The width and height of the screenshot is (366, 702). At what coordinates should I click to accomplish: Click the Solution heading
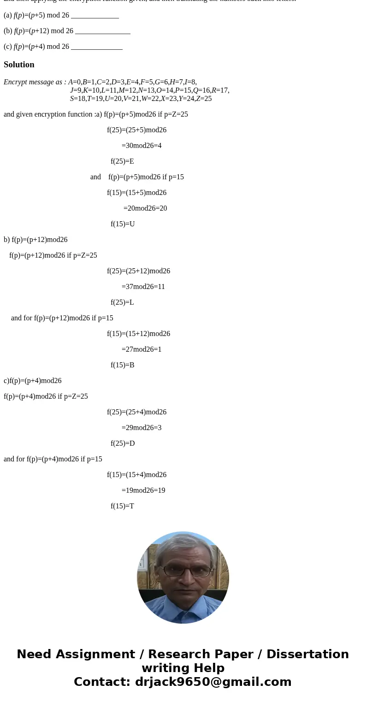[19, 65]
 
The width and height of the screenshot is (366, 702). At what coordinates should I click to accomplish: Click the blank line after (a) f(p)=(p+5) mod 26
[95, 16]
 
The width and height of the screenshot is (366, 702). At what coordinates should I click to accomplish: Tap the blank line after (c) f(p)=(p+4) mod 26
[97, 47]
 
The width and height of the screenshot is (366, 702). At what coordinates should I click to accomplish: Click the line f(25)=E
[122, 161]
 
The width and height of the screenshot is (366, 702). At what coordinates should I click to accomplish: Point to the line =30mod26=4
[142, 146]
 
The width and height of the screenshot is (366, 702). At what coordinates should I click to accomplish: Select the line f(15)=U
[123, 224]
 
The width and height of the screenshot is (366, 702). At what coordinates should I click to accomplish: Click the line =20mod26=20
[145, 208]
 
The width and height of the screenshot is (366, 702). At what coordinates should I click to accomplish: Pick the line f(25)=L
[122, 302]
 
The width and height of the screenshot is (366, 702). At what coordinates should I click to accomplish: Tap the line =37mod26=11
[143, 287]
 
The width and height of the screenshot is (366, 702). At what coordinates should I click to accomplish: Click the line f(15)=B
[123, 365]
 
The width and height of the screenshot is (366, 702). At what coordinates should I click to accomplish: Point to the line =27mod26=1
[142, 349]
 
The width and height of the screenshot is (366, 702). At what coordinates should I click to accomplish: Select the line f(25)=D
[123, 443]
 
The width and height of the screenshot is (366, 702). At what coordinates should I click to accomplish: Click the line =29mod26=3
[142, 428]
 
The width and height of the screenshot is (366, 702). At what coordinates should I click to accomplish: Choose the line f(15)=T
[122, 506]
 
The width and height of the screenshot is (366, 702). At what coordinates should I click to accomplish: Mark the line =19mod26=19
[143, 490]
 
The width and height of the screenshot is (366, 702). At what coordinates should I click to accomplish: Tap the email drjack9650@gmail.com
[213, 682]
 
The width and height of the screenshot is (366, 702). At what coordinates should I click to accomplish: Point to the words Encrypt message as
[35, 82]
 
